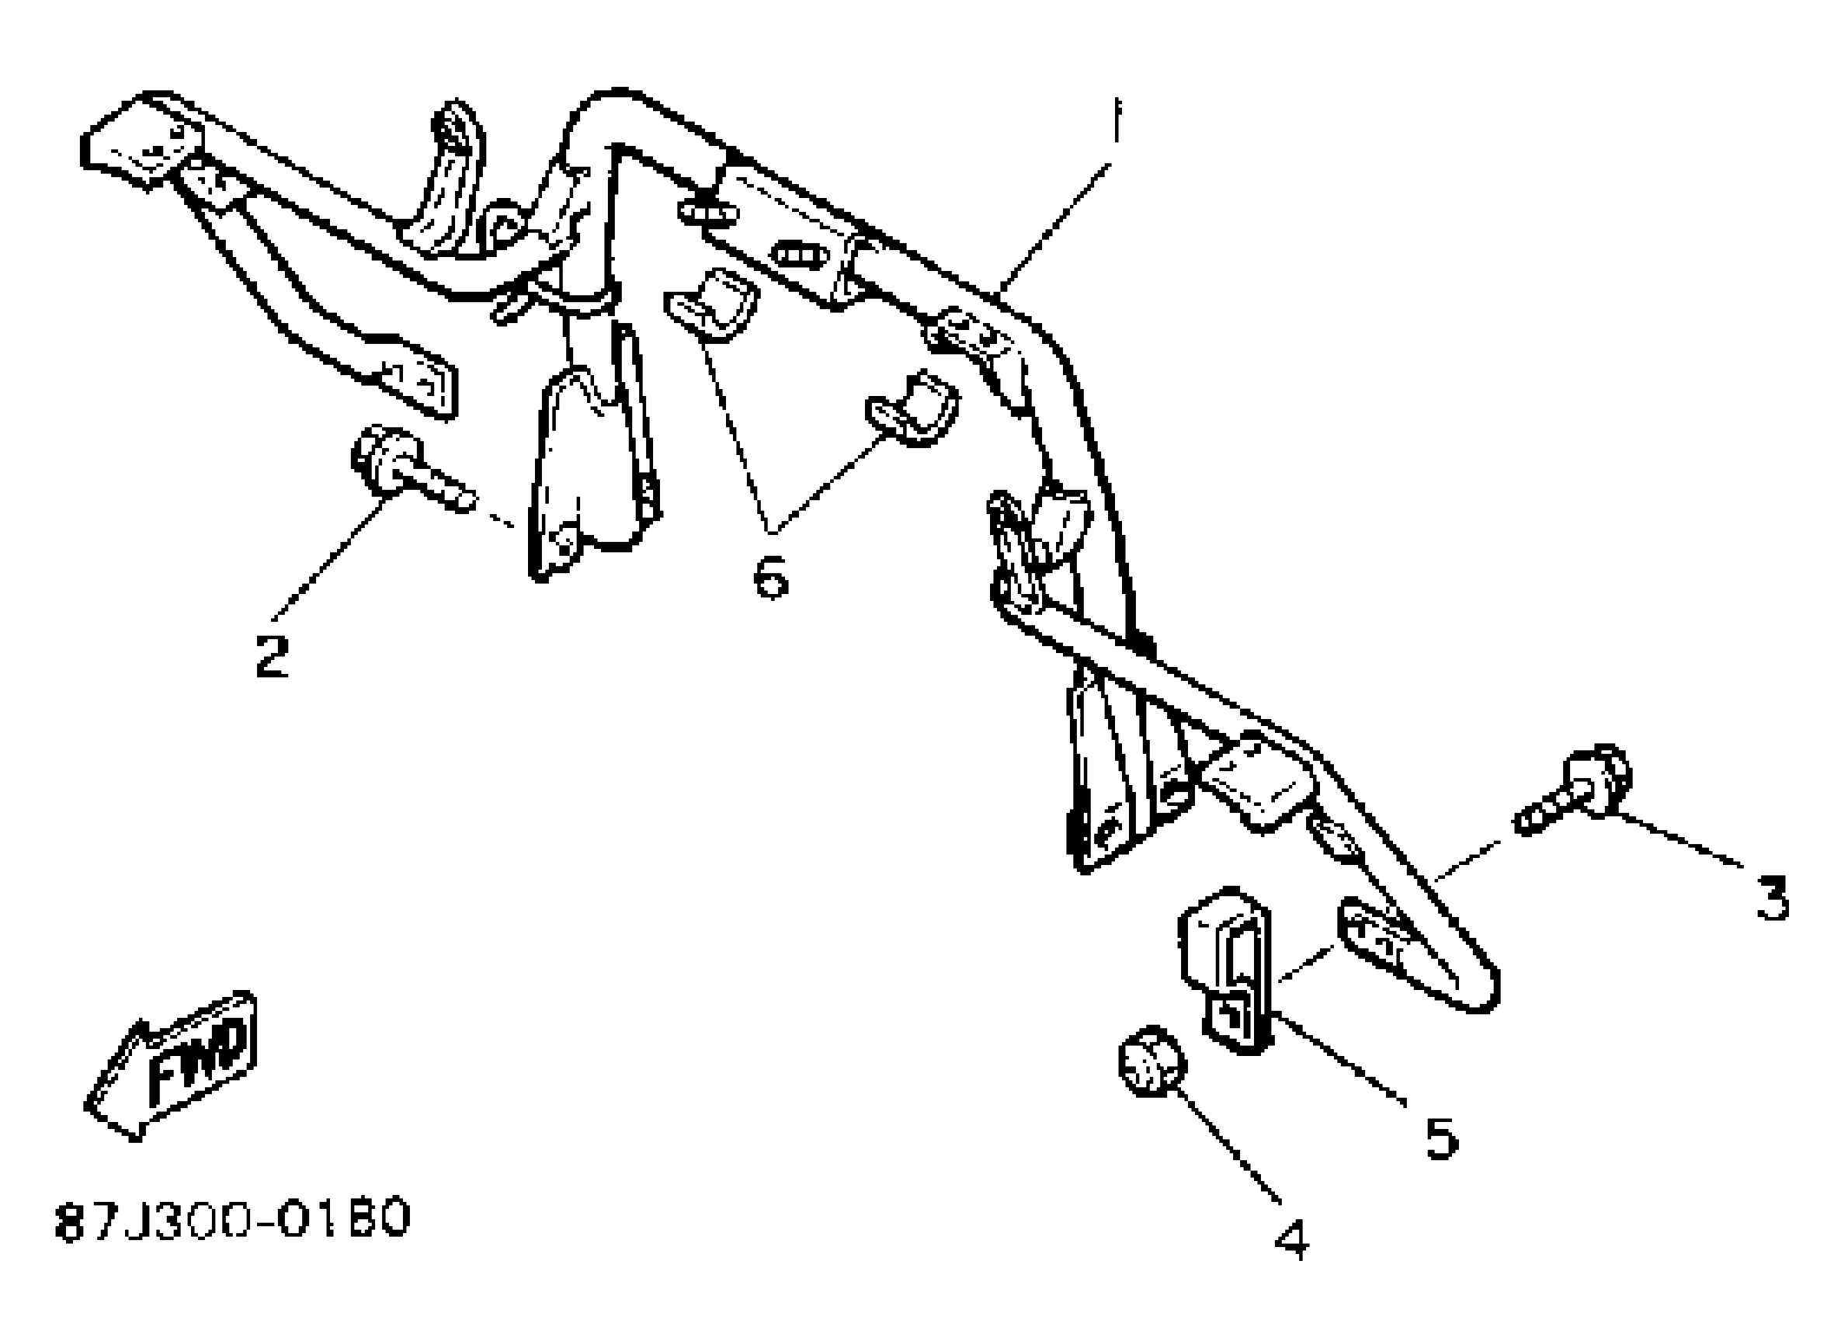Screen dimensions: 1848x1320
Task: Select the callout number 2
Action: tap(272, 655)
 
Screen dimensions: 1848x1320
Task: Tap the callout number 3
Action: tap(1772, 898)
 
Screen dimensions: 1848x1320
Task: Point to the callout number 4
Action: tap(1291, 1238)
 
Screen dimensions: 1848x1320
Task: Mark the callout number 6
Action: tap(770, 576)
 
